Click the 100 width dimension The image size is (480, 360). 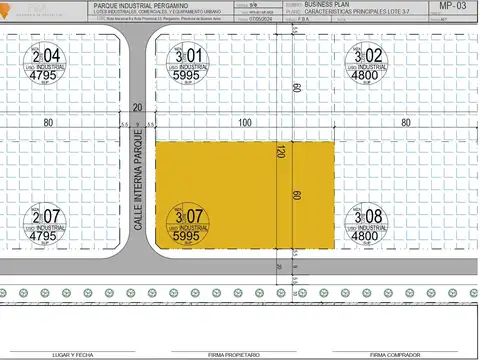244,123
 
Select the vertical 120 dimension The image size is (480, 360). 282,152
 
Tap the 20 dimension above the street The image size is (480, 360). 137,107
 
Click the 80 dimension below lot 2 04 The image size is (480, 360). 47,123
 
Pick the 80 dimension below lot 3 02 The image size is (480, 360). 406,123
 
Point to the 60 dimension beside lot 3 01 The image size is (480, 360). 297,87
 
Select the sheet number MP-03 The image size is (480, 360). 453,6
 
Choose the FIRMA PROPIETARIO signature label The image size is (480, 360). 234,353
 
